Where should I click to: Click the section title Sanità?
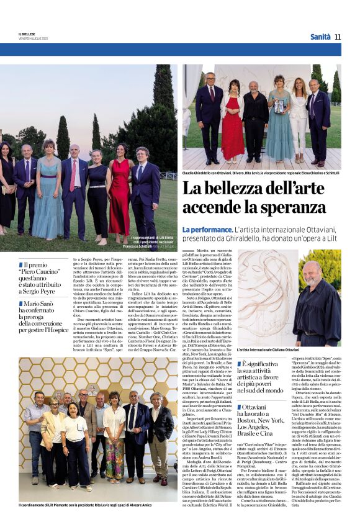pos(320,37)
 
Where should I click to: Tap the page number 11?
pos(338,37)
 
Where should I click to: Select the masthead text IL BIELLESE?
pos(29,34)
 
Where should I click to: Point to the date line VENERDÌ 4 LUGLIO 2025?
pos(33,38)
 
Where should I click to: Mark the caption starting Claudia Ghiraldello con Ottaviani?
pos(261,173)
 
